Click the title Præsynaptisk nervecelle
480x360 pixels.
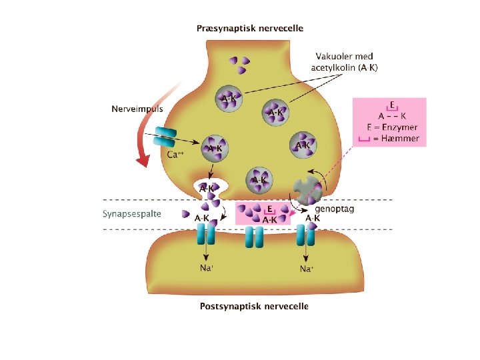point(250,29)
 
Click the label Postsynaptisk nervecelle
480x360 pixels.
point(254,307)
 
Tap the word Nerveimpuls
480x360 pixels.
point(137,108)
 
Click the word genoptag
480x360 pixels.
point(334,209)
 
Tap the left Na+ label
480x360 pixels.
point(207,268)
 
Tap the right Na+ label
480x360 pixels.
point(307,269)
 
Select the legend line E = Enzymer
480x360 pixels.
point(392,127)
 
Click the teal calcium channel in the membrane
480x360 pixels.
point(165,138)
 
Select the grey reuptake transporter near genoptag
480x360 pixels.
point(309,191)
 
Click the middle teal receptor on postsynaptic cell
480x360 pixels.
point(254,236)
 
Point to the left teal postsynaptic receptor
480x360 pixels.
point(207,235)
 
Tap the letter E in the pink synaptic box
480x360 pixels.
point(269,209)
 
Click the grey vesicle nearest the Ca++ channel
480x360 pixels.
point(215,148)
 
